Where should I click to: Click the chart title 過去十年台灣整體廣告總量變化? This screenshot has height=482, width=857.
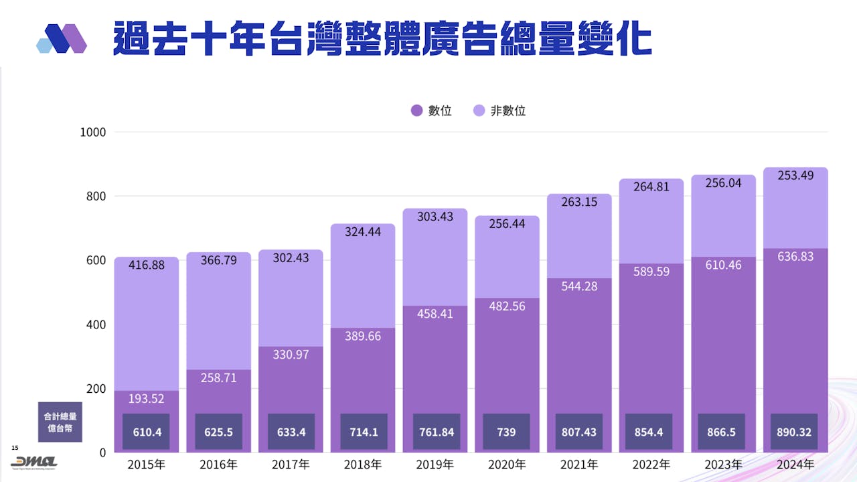coord(382,38)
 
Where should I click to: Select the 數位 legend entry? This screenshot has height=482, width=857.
coord(431,111)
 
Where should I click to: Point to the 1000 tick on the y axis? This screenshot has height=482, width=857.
coord(93,132)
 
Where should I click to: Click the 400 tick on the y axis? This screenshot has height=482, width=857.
coord(98,324)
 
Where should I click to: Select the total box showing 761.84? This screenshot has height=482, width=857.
coord(437,432)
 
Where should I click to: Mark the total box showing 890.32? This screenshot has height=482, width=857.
coord(795,432)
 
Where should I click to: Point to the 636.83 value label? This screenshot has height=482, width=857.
coord(795,256)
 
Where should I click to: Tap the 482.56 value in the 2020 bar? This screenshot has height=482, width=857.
coord(508,306)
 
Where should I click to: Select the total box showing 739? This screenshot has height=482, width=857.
coord(507,432)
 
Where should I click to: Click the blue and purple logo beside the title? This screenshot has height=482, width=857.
coord(62,38)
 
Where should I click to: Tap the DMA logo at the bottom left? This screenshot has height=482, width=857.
coord(33,463)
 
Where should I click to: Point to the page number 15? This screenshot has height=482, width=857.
coord(15,447)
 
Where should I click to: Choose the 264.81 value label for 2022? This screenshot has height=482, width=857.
coord(651,187)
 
